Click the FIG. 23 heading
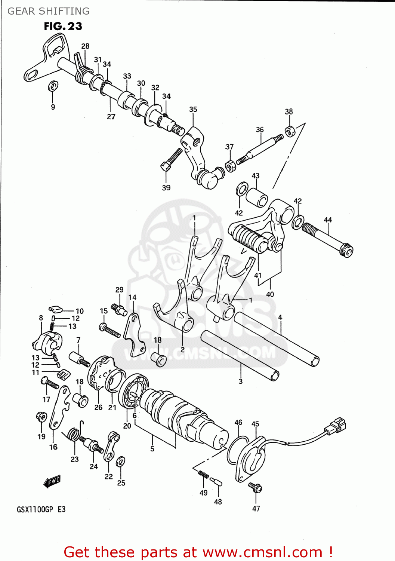click(x=63, y=26)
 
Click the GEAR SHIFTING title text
click(x=49, y=11)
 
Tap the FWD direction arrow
click(x=52, y=481)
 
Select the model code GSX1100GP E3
click(x=41, y=509)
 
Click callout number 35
click(x=193, y=109)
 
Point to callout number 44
click(x=328, y=220)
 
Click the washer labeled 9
click(x=53, y=86)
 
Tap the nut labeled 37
click(x=231, y=165)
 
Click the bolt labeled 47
click(x=256, y=487)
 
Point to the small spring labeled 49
click(x=203, y=474)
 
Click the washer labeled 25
click(x=120, y=462)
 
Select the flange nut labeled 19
click(x=41, y=417)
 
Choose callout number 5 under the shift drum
click(x=152, y=448)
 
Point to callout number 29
click(x=119, y=289)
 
